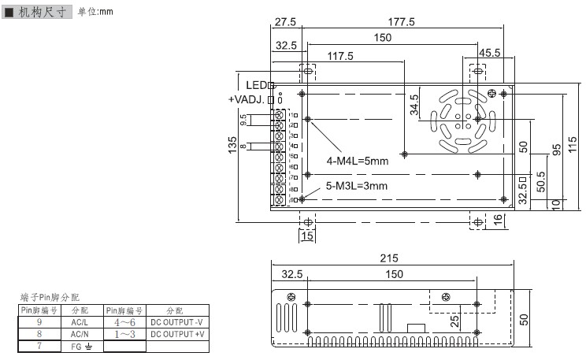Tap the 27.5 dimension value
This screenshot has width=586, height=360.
pyautogui.click(x=286, y=22)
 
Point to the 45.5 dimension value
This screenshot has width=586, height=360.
pyautogui.click(x=490, y=53)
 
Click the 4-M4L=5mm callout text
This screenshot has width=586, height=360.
pyautogui.click(x=358, y=161)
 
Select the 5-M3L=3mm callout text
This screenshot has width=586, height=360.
pyautogui.click(x=358, y=186)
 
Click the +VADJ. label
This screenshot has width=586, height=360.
pyautogui.click(x=247, y=99)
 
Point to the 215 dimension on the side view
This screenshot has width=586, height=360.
pyautogui.click(x=389, y=258)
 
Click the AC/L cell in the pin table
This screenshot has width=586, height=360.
pyautogui.click(x=79, y=322)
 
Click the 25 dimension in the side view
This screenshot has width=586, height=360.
pyautogui.click(x=455, y=321)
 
